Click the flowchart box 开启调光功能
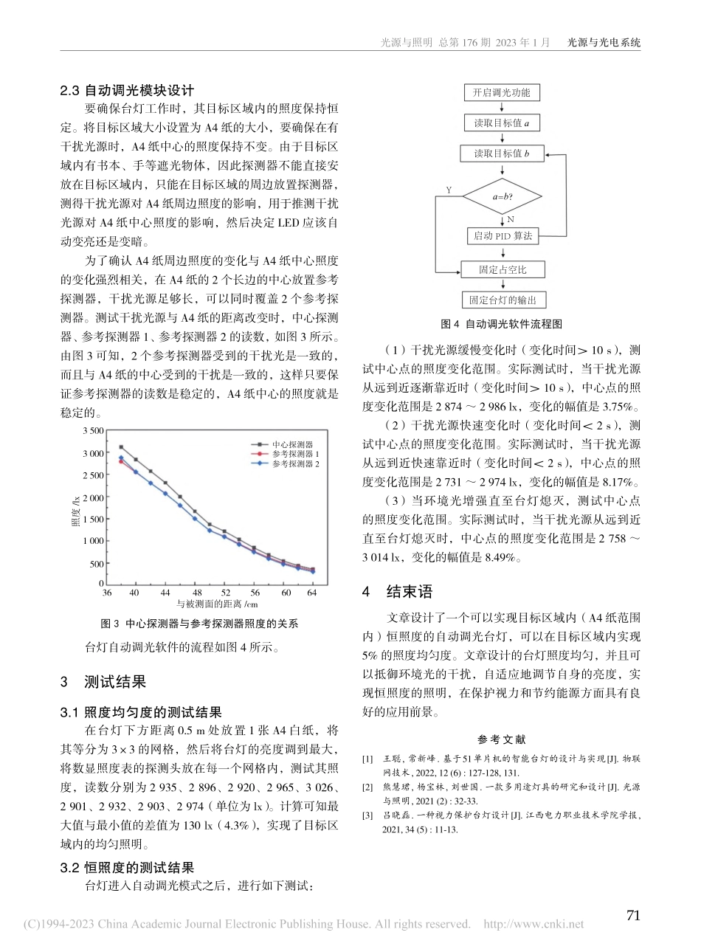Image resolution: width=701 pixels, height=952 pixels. point(502,92)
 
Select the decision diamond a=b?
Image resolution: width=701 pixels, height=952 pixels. point(502,196)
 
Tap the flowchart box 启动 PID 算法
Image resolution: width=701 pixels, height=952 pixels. point(502,236)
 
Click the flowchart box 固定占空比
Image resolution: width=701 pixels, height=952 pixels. point(502,269)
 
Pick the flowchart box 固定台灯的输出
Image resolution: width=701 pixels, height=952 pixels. point(502,300)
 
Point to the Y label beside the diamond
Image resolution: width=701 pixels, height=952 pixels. point(448,190)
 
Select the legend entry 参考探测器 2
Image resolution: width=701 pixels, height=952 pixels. point(294,464)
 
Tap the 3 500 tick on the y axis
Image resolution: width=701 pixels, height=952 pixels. point(93,430)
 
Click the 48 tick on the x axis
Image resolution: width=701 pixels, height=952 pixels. point(196,593)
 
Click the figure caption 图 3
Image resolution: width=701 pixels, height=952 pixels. point(198,624)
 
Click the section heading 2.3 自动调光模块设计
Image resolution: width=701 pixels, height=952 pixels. point(127,91)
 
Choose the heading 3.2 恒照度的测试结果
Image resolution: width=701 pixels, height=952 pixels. point(127,868)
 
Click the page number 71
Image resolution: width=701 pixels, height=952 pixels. point(633,915)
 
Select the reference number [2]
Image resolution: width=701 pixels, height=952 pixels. point(367,787)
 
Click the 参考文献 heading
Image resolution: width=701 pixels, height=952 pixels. point(502,739)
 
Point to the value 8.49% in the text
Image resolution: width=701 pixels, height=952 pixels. point(503,558)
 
